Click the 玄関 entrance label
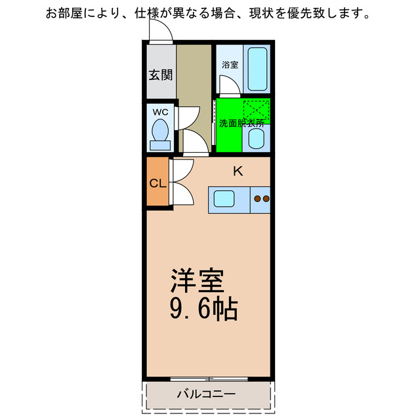pyautogui.click(x=160, y=75)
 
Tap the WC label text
pyautogui.click(x=160, y=112)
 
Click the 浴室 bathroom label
pyautogui.click(x=229, y=65)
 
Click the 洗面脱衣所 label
pyautogui.click(x=241, y=123)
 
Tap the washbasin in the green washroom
pyautogui.click(x=257, y=138)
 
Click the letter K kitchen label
pyautogui.click(x=238, y=172)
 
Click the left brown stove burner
pyautogui.click(x=257, y=198)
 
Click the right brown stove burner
pyautogui.click(x=266, y=198)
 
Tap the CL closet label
pyautogui.click(x=157, y=184)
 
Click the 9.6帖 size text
pyautogui.click(x=203, y=308)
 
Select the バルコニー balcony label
pyautogui.click(x=207, y=394)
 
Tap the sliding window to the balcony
pyautogui.click(x=209, y=379)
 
